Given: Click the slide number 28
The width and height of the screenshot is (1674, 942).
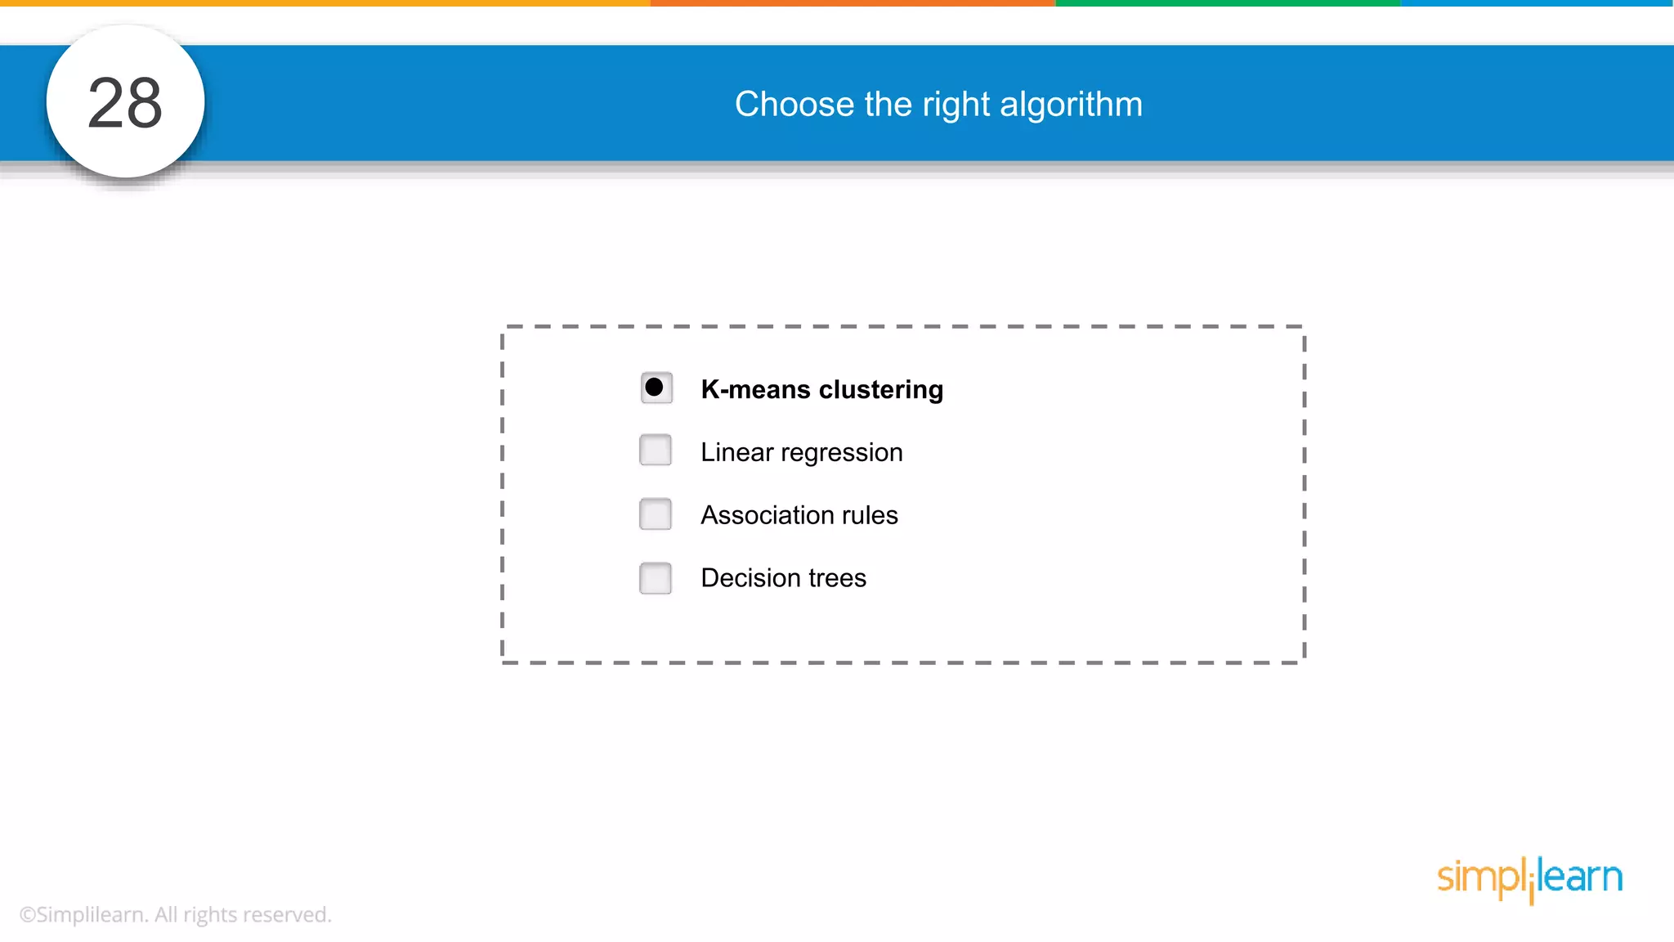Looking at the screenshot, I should [x=125, y=103].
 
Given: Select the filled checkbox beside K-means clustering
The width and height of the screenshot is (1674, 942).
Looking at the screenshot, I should [x=656, y=388].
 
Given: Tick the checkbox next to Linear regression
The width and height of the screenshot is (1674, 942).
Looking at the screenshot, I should [x=656, y=450].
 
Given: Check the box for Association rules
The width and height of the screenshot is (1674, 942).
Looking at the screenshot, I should [x=656, y=514].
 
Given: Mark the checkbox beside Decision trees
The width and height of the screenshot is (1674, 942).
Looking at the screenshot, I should [x=656, y=578].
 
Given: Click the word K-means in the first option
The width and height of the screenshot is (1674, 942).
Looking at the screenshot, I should [x=755, y=389].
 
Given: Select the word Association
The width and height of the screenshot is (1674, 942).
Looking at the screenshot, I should [x=768, y=515].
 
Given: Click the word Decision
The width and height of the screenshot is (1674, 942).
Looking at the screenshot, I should [x=750, y=578].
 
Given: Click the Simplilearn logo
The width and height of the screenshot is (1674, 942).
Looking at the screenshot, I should [x=1529, y=878].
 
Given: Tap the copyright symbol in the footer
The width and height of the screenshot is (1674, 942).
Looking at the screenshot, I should [x=28, y=915].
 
